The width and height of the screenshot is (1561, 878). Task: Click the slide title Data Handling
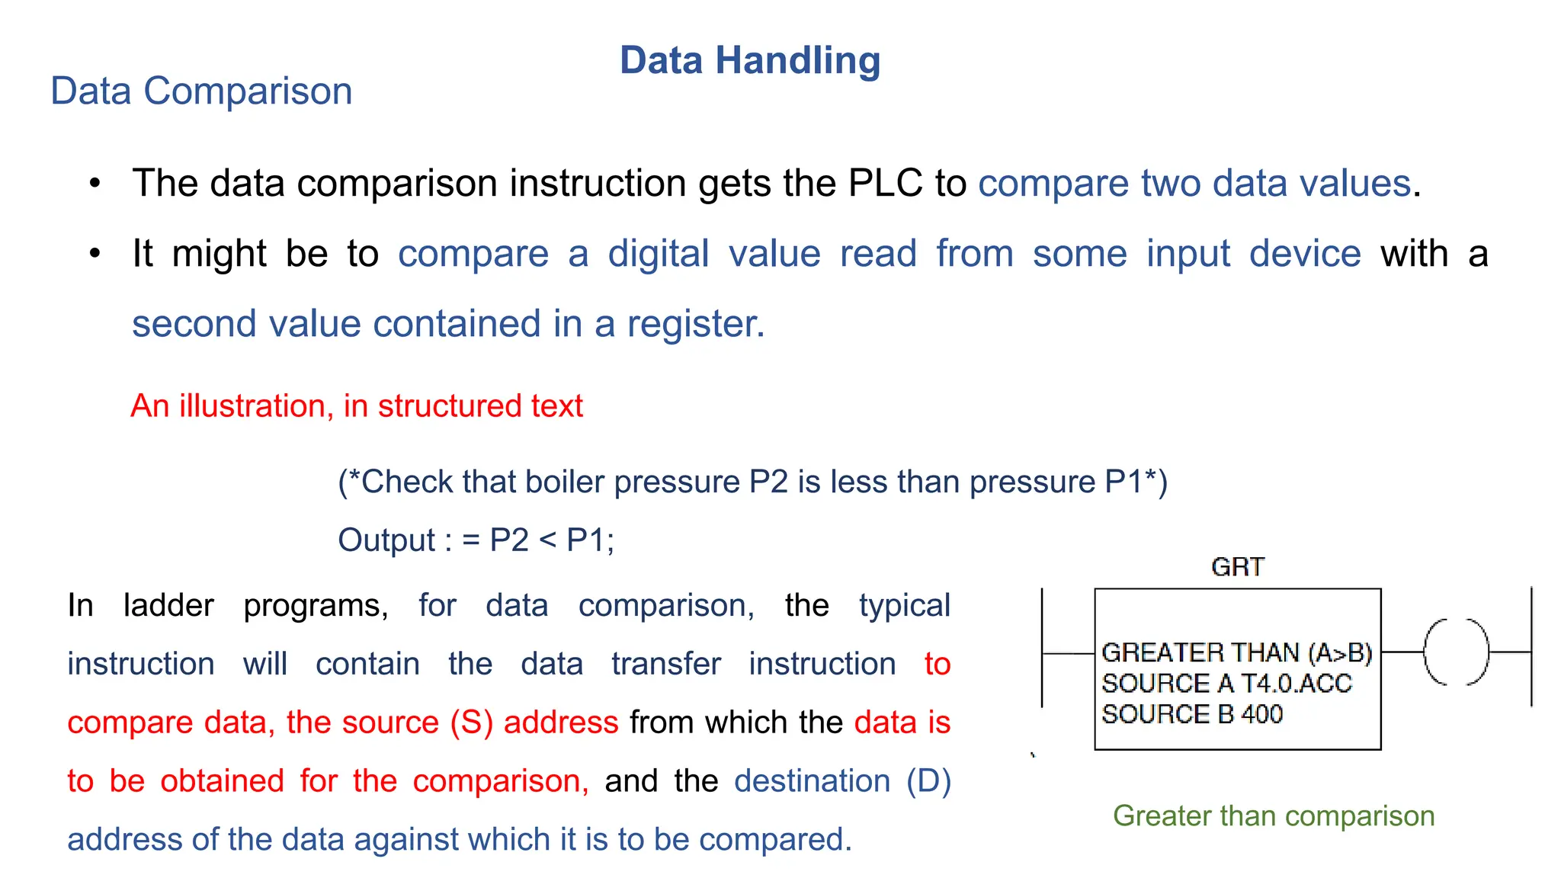click(x=750, y=60)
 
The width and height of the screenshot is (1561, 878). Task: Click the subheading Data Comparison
click(x=201, y=91)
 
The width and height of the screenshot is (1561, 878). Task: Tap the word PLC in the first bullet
click(x=885, y=183)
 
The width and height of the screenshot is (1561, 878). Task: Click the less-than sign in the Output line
click(x=547, y=540)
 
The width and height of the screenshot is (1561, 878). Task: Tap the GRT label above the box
click(x=1237, y=567)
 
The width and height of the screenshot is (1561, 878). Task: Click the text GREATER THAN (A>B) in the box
click(x=1236, y=652)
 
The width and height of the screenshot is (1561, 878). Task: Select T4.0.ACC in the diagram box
click(x=1296, y=684)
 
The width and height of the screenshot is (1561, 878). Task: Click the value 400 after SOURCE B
click(x=1262, y=714)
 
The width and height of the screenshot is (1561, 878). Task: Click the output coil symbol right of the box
click(x=1456, y=652)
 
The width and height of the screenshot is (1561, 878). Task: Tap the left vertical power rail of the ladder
click(x=1042, y=648)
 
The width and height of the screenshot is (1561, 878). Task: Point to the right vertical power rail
click(x=1531, y=648)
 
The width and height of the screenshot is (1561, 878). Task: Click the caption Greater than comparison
click(x=1274, y=816)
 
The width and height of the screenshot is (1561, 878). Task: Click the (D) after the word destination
click(x=928, y=781)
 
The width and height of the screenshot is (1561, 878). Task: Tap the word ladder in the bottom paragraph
click(x=168, y=606)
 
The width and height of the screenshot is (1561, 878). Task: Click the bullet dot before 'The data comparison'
click(x=95, y=184)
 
